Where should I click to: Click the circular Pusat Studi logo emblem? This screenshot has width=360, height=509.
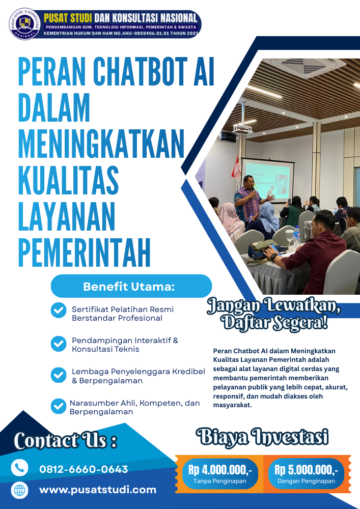point(24,24)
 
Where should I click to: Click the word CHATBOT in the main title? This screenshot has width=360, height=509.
point(141,71)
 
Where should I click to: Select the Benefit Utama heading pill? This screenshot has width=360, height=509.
point(131,286)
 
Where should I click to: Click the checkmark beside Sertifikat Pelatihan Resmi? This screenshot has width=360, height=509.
point(59,310)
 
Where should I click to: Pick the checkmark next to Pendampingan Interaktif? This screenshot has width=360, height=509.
point(59,344)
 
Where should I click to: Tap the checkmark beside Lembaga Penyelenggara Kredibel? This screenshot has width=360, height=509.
point(59,375)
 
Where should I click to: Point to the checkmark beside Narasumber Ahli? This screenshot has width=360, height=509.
point(59,406)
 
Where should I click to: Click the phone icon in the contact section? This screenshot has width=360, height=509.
point(19,468)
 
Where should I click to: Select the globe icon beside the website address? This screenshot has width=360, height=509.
point(19,490)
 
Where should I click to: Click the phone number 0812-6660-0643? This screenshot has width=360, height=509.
point(84,469)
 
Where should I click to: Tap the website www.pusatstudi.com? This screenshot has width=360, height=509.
point(98,490)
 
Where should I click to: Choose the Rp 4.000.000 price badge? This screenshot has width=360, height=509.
point(220,473)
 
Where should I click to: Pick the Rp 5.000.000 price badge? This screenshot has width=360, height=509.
point(306,473)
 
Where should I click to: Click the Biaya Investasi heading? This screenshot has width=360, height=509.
point(262,437)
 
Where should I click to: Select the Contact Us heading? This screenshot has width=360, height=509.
point(65,440)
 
